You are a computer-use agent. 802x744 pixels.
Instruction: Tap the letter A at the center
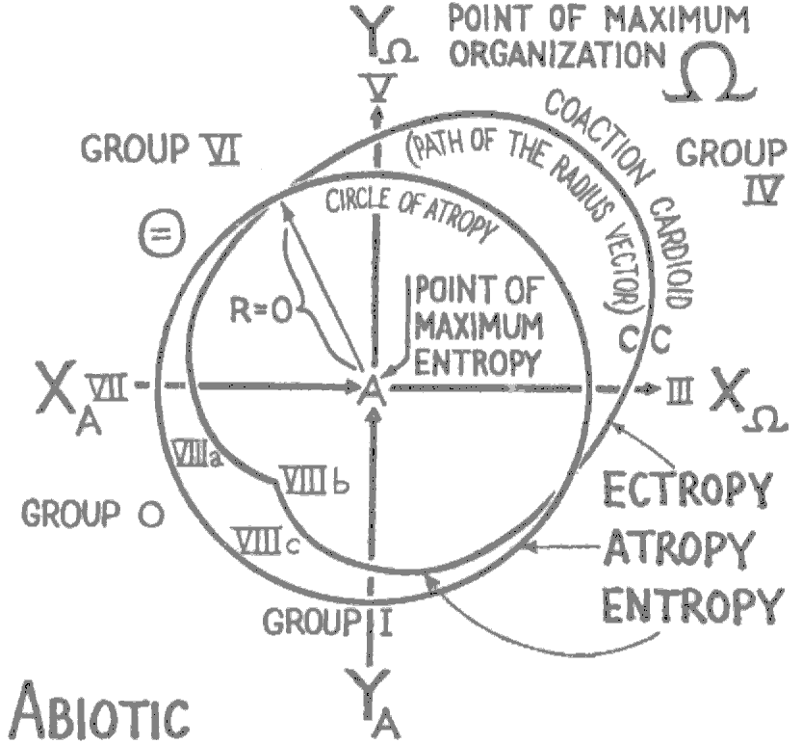[372, 389]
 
